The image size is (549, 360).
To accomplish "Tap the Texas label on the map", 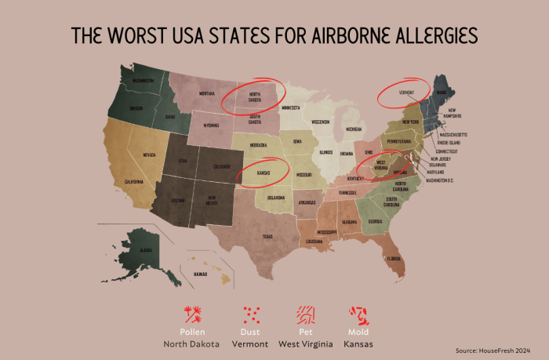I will pyautogui.click(x=267, y=236).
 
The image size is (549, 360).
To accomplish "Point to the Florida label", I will pyautogui.click(x=393, y=257).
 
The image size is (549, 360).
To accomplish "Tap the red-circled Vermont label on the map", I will pyautogui.click(x=405, y=93).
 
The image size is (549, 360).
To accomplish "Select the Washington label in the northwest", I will pyautogui.click(x=143, y=81).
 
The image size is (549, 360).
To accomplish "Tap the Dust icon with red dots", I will pyautogui.click(x=252, y=315).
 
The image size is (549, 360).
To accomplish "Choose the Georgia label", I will pyautogui.click(x=376, y=222).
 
